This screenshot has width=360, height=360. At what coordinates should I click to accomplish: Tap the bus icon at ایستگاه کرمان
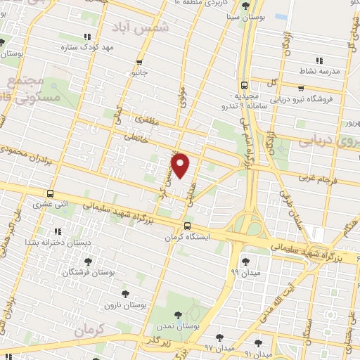[187, 226]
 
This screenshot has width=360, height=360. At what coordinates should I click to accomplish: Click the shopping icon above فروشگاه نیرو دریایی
[300, 89]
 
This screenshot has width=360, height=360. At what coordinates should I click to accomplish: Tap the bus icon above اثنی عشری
[49, 193]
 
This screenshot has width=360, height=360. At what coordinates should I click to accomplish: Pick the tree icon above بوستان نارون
[127, 294]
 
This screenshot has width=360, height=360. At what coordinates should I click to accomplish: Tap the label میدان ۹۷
[217, 348]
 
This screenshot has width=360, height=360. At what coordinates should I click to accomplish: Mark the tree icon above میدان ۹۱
[258, 342]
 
